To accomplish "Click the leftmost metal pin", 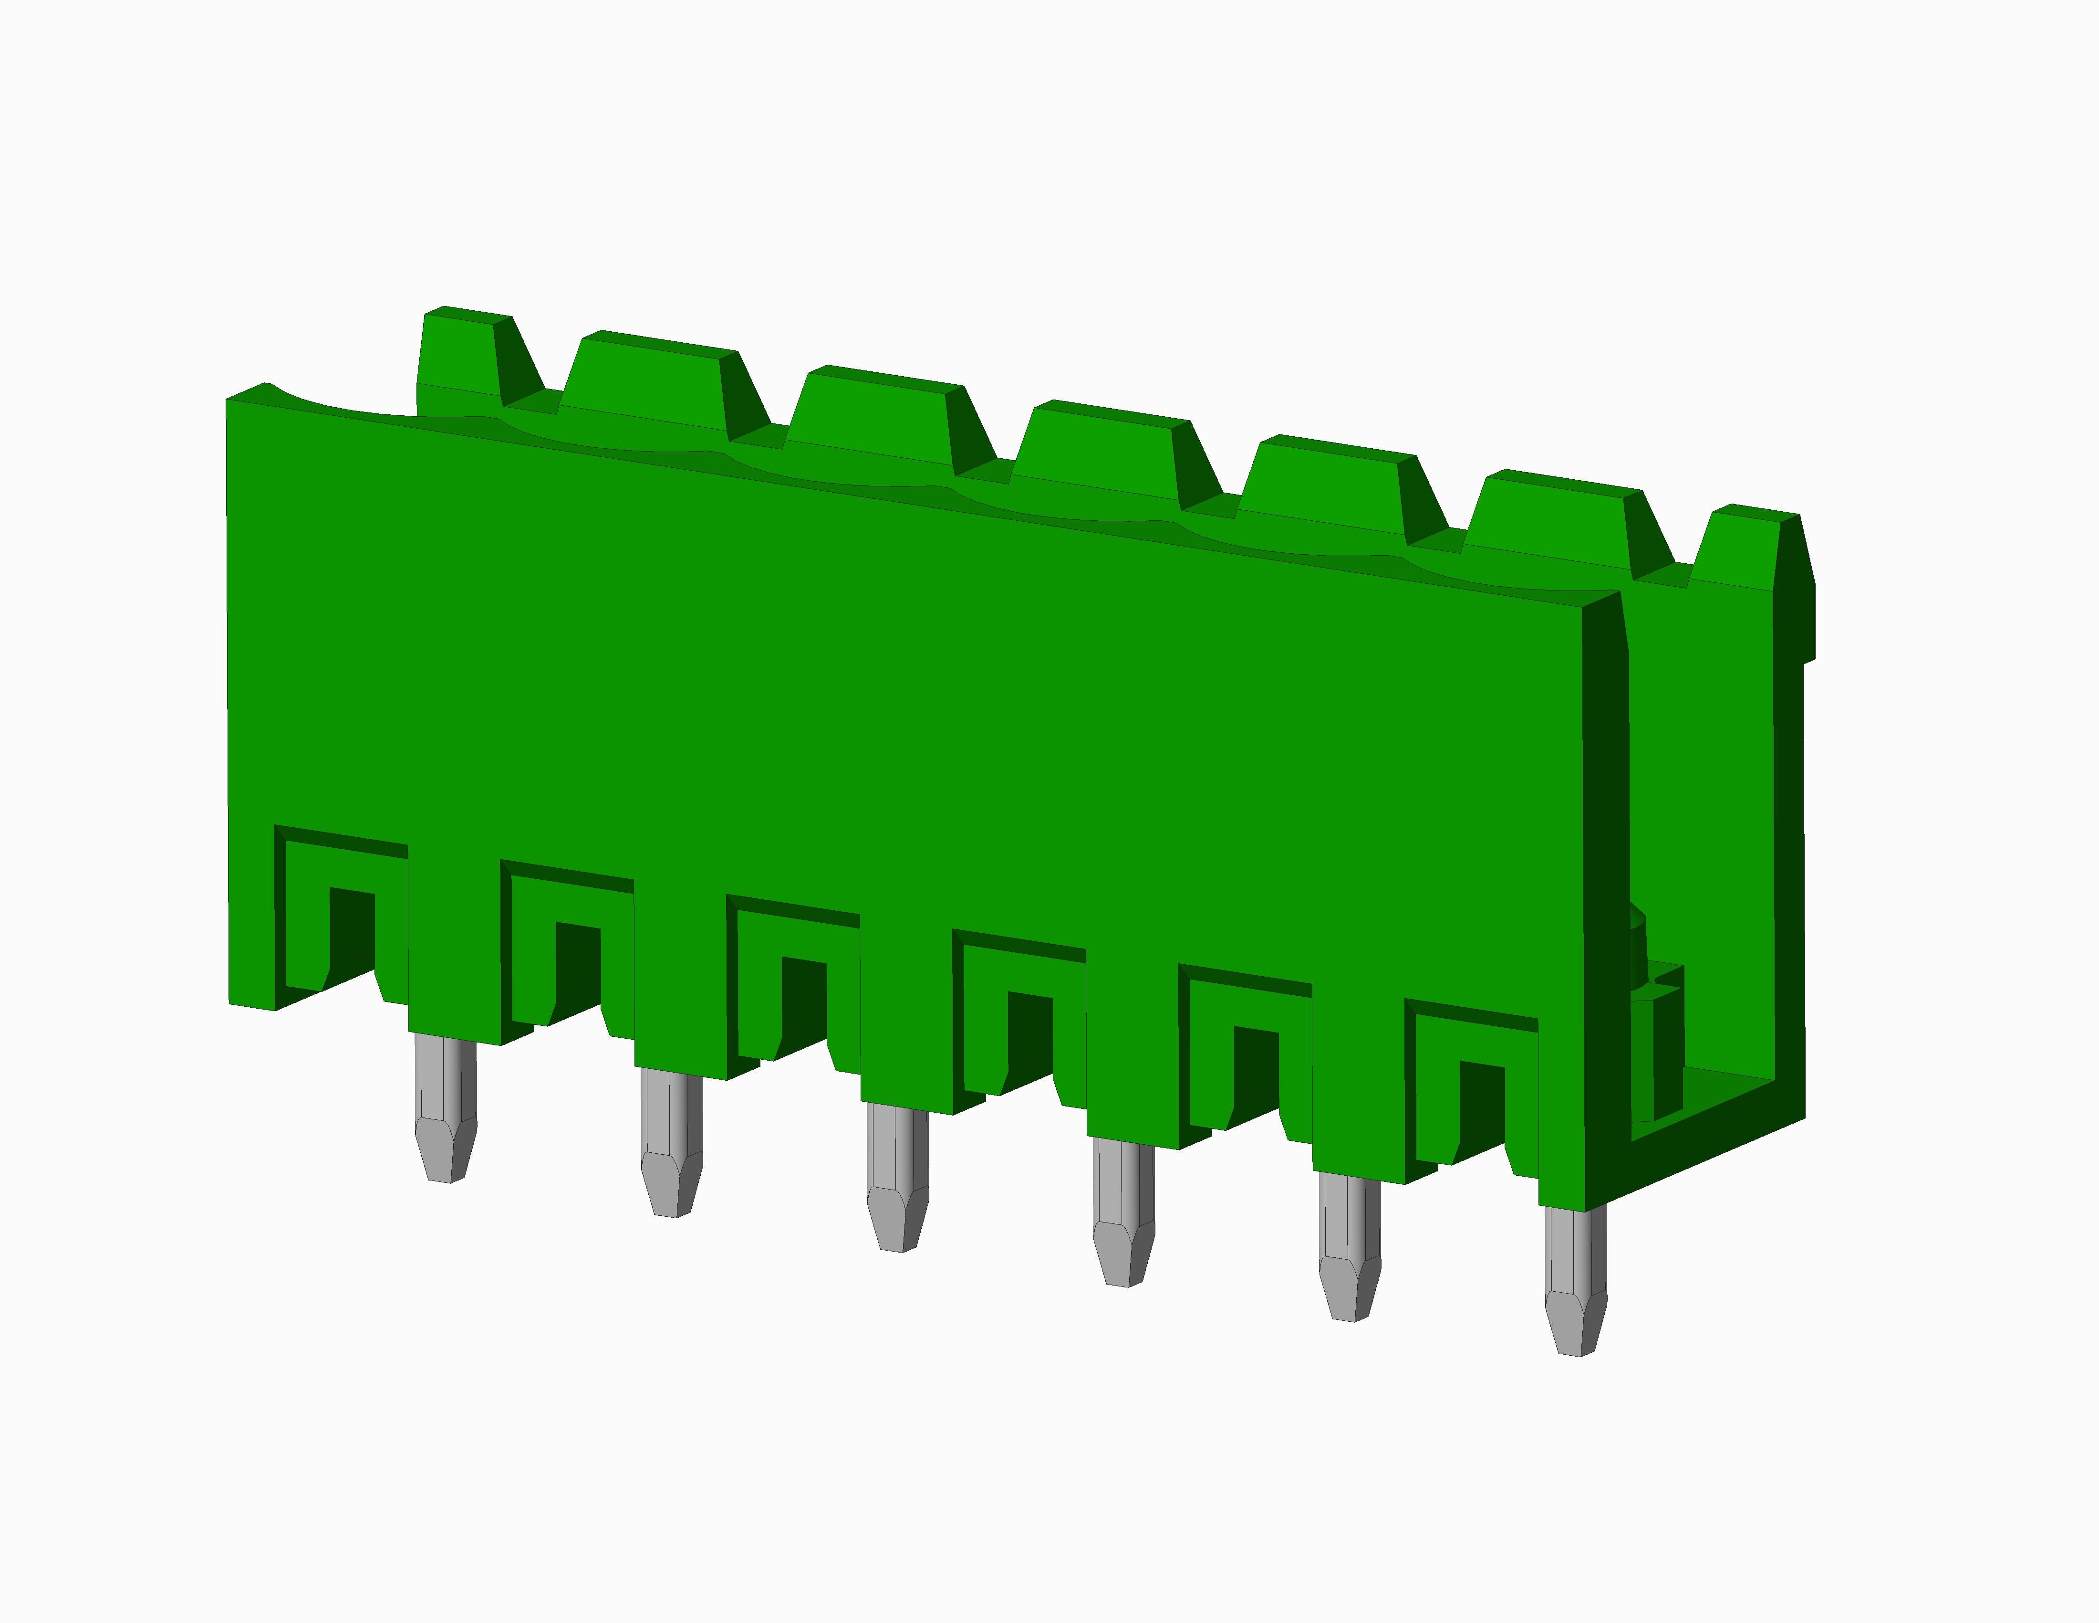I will [445, 1106].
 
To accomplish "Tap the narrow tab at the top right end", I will [1740, 548].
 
